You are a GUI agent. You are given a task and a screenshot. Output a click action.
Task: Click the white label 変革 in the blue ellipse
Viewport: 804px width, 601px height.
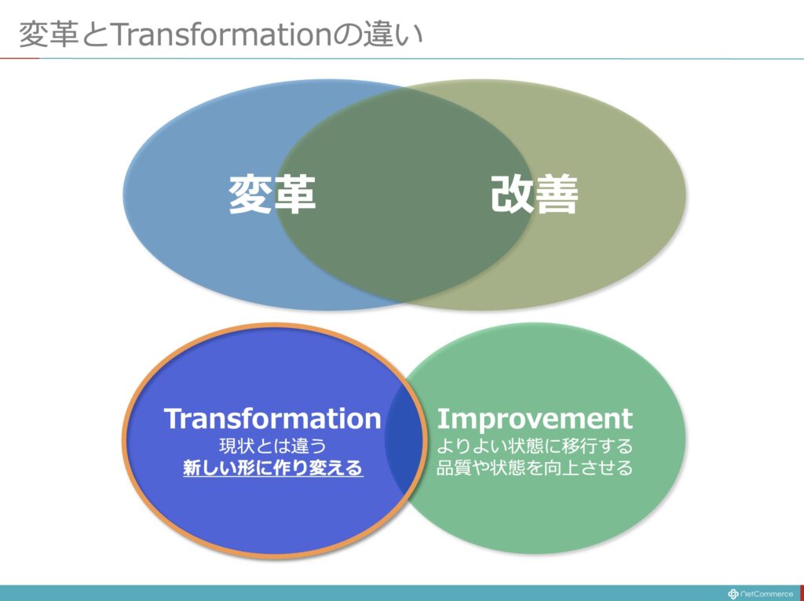272,194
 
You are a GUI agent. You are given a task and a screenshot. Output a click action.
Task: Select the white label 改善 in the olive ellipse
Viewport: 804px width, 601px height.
535,194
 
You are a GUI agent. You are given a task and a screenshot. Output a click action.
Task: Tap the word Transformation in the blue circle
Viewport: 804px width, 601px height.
272,419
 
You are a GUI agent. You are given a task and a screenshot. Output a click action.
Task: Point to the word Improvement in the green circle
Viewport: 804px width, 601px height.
535,419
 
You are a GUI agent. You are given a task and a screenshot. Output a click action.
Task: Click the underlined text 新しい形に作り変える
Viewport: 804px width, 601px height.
272,468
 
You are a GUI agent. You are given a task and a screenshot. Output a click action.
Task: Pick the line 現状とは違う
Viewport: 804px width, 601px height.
272,446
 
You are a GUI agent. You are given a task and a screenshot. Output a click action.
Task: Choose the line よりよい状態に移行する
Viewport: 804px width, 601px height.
535,446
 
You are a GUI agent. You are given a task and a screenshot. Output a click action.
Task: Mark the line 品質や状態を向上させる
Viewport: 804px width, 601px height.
535,468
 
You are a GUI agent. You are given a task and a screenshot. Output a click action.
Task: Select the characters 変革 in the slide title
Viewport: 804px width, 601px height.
48,35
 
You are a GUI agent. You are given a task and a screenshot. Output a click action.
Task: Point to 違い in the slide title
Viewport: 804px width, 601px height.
393,35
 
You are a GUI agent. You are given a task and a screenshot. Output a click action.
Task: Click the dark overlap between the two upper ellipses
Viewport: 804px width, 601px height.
404,195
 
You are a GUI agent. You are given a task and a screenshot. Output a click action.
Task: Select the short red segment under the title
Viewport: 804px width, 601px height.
20,58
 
